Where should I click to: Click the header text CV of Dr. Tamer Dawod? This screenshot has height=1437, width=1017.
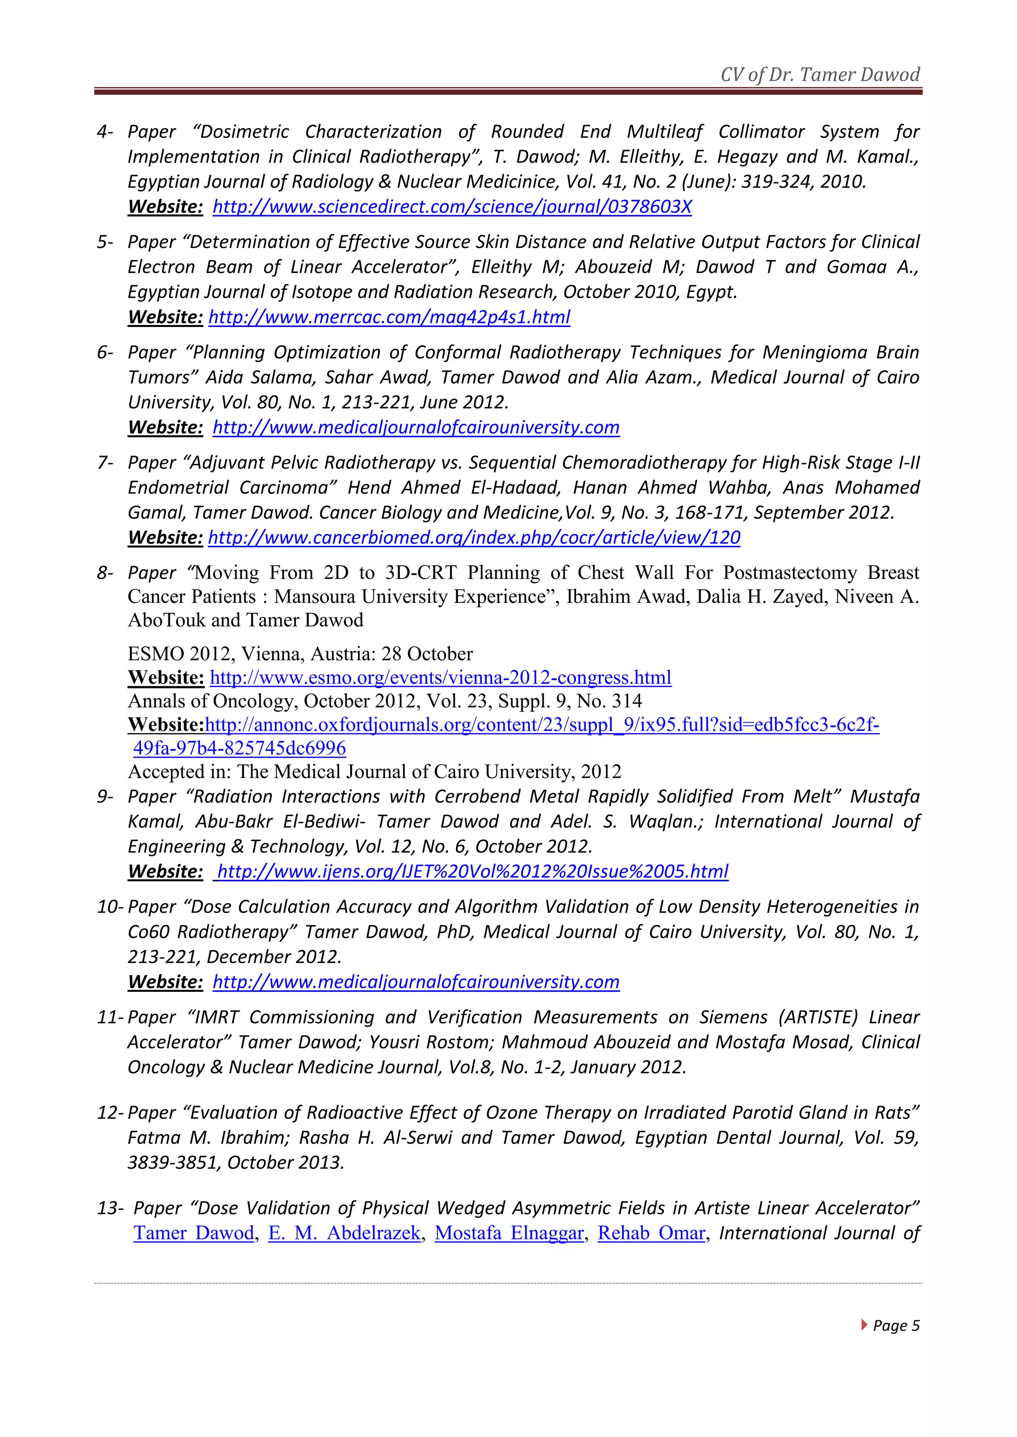tap(820, 75)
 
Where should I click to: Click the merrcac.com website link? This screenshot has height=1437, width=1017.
tap(389, 317)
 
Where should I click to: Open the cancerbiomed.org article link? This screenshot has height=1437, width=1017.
tap(474, 537)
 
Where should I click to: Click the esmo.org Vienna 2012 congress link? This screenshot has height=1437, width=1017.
tap(440, 677)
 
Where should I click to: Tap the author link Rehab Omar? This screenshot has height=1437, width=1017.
tap(652, 1233)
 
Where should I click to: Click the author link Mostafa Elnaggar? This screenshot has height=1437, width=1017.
tap(509, 1233)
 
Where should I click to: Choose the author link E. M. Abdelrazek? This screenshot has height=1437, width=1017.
tap(345, 1233)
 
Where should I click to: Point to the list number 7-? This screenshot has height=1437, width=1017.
tap(105, 462)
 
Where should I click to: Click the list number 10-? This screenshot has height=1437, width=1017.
tap(110, 907)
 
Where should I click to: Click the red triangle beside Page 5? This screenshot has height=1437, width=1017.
tap(864, 1324)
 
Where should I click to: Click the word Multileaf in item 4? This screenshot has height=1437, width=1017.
tap(664, 132)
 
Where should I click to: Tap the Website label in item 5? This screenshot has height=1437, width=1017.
tap(165, 317)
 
